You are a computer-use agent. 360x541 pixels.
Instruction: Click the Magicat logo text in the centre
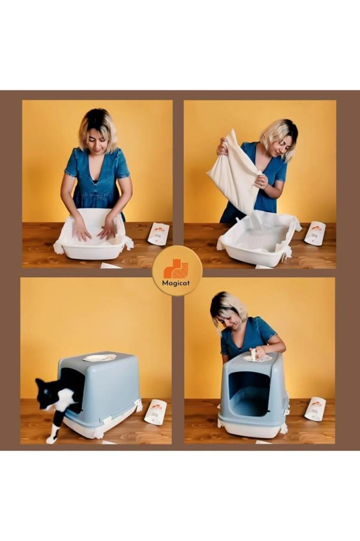(x=177, y=283)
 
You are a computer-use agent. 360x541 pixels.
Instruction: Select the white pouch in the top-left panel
(x=158, y=234)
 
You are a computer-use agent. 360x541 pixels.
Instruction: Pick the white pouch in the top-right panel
(x=315, y=232)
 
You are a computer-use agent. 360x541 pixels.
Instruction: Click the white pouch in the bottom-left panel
(x=156, y=412)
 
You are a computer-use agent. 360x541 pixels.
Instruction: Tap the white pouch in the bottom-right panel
(x=316, y=408)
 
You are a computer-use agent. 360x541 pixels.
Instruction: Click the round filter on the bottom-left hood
(x=99, y=358)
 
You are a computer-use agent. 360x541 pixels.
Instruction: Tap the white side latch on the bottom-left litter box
(x=139, y=405)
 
